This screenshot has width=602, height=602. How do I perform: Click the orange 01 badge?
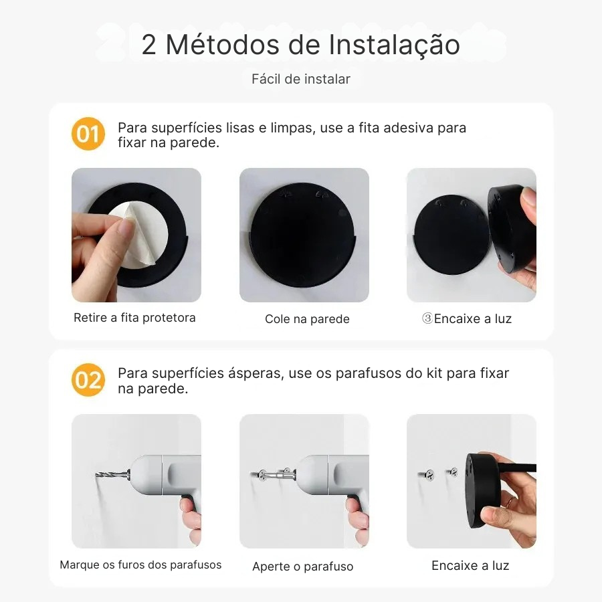[88, 134]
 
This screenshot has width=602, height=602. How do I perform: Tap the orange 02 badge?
[88, 380]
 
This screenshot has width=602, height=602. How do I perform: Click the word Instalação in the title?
[394, 45]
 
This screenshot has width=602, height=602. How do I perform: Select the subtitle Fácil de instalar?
[301, 79]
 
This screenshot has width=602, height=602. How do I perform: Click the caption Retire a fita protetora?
[134, 318]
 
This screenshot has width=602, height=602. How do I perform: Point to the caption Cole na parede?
[307, 319]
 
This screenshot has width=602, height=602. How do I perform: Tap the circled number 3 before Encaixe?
[427, 318]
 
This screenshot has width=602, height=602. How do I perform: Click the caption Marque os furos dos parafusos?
[140, 565]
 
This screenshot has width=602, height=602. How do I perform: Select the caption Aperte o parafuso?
[303, 567]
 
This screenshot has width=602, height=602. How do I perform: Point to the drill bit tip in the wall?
[96, 476]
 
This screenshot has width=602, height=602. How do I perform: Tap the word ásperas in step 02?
[256, 373]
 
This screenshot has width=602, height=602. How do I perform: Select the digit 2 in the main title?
[149, 45]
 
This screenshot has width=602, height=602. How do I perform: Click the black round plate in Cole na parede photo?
[302, 235]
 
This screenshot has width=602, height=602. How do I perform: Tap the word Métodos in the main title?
[223, 45]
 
